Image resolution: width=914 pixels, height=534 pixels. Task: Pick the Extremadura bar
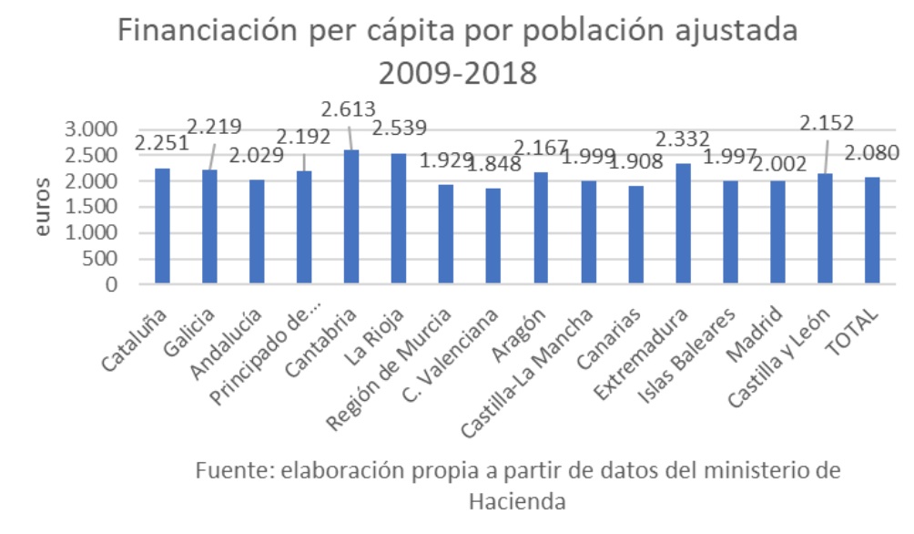point(683,223)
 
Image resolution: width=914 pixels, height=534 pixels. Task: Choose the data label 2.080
point(872,153)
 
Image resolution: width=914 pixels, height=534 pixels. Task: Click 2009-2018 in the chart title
point(457,72)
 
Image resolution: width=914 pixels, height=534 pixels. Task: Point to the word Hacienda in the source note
point(518,500)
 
